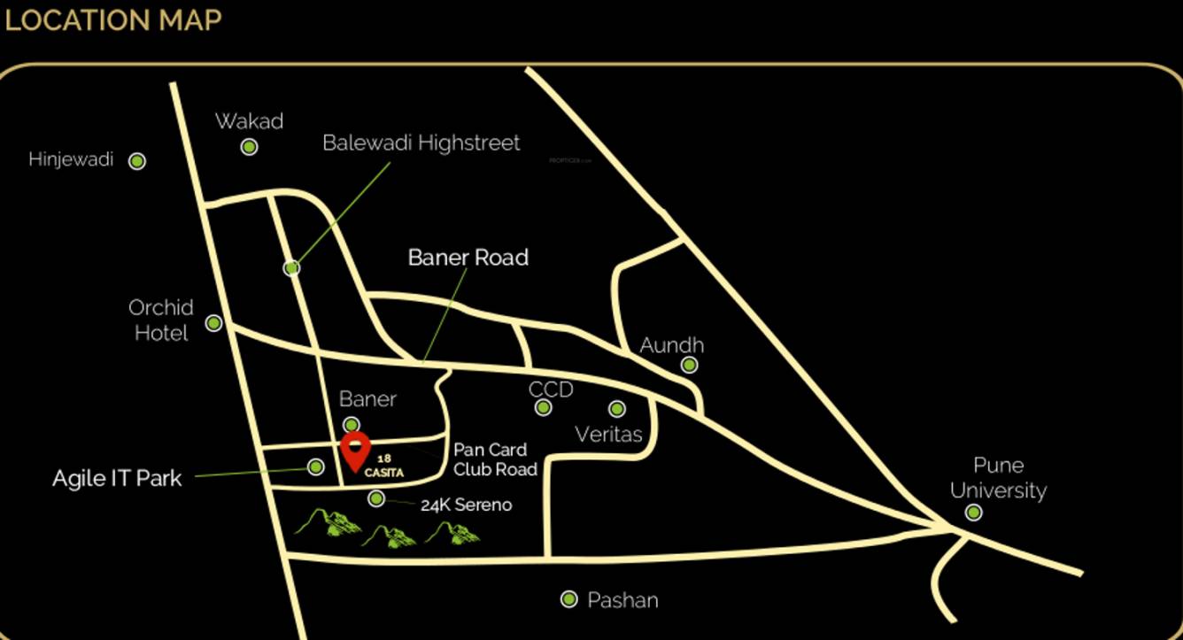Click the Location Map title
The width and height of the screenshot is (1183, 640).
pos(113,19)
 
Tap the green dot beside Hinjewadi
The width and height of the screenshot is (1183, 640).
pos(137,161)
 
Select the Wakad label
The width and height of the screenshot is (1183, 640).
pos(249,121)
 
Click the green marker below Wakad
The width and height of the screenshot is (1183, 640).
pos(250,147)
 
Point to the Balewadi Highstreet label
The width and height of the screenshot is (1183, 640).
pos(421,143)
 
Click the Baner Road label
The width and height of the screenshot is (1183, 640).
pos(468,258)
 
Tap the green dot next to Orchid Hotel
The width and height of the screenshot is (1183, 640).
pos(213,323)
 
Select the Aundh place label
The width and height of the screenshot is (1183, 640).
pos(672,345)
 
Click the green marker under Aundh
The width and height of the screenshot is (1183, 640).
pos(690,365)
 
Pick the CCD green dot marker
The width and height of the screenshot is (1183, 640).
pos(544,407)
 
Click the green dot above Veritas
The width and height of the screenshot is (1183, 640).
pos(617,409)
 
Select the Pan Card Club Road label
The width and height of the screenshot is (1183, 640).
pos(495,459)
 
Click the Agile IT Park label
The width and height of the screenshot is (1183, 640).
pos(117,479)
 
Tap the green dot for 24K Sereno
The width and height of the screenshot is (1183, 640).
pos(376,499)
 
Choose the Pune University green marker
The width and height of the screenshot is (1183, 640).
pos(973,513)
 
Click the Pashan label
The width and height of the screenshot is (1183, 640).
pos(622,600)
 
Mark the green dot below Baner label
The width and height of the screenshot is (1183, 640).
pos(352,425)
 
